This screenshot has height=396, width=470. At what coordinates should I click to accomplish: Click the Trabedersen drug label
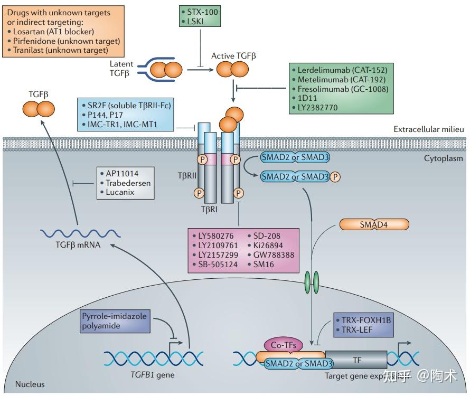tap(128, 183)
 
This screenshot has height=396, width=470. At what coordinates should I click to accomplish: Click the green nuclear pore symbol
tap(313, 279)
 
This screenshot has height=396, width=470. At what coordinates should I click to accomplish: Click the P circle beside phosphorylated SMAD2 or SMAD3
tap(335, 176)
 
